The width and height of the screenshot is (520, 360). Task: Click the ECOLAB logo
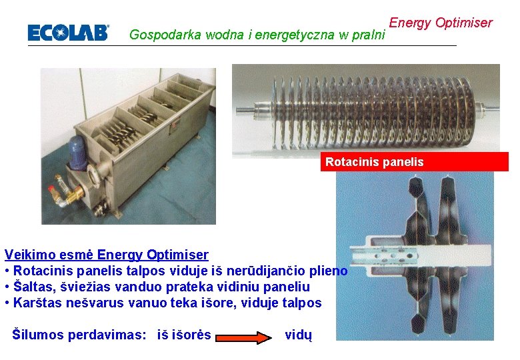[67, 33]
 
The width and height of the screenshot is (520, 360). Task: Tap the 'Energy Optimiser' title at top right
[440, 23]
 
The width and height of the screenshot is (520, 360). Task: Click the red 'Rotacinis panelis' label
[374, 162]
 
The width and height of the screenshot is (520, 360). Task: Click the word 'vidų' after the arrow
[298, 335]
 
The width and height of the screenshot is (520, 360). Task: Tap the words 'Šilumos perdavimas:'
[79, 335]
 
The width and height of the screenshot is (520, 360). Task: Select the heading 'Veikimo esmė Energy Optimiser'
[107, 255]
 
